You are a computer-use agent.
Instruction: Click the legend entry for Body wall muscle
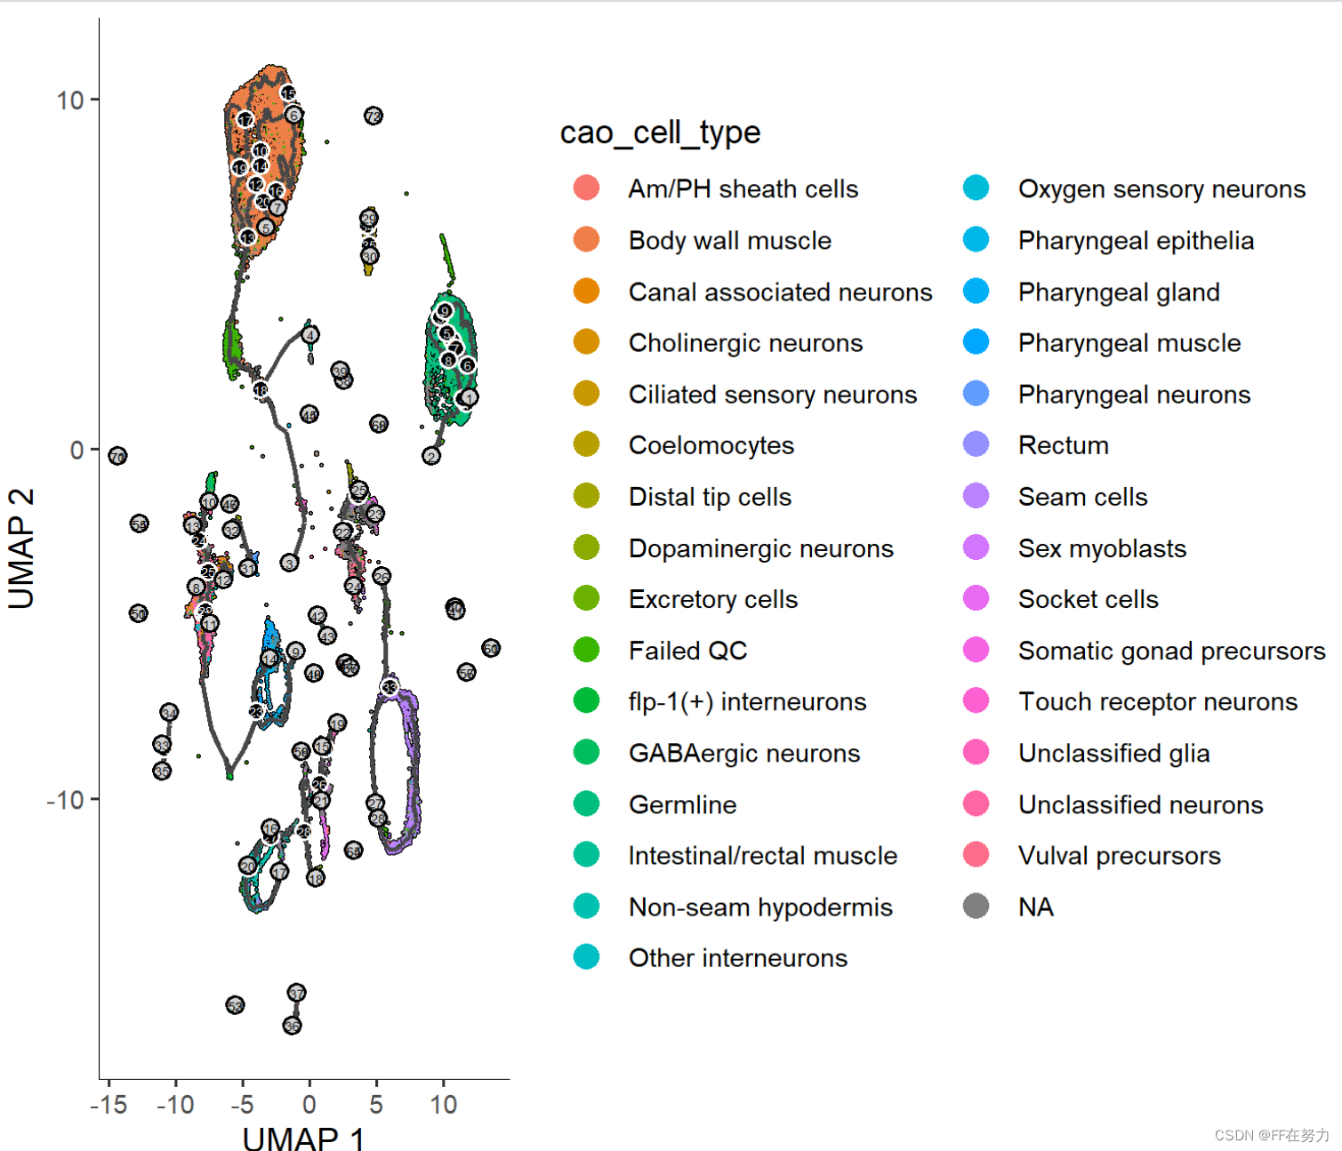tap(729, 241)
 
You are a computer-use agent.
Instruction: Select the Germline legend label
tap(682, 805)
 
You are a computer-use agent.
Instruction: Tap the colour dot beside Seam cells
tap(976, 496)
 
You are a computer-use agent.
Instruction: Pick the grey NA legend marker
tap(976, 907)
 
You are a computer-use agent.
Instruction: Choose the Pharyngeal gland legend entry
tap(1118, 292)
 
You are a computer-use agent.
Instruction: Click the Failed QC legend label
tap(687, 651)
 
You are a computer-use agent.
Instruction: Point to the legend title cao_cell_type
tap(660, 132)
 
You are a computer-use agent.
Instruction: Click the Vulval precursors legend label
tap(1119, 856)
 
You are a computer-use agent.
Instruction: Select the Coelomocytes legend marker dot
tap(586, 444)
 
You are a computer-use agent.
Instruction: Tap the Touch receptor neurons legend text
tap(1157, 702)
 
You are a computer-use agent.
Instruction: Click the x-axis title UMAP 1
tap(303, 1137)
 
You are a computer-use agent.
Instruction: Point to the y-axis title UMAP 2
tap(21, 548)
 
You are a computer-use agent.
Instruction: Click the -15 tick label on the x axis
tap(108, 1105)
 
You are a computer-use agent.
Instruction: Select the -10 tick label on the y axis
tap(65, 800)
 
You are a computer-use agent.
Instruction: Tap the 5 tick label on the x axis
tap(376, 1105)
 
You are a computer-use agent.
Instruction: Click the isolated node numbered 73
tap(374, 116)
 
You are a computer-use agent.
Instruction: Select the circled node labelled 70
tap(117, 456)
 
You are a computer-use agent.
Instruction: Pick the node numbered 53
tap(235, 1005)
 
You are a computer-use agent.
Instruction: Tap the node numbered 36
tap(292, 1026)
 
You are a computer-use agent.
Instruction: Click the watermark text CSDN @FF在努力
tap(1271, 1135)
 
